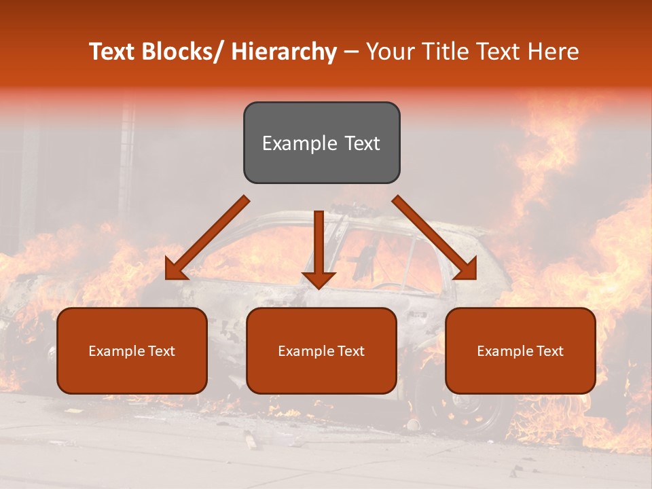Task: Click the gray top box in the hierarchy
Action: pyautogui.click(x=321, y=143)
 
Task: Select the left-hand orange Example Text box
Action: pyautogui.click(x=132, y=350)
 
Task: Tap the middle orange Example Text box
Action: pyautogui.click(x=321, y=350)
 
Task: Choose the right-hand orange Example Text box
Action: pyautogui.click(x=520, y=350)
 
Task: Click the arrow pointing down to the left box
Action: pyautogui.click(x=206, y=238)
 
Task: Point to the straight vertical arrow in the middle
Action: pyautogui.click(x=319, y=244)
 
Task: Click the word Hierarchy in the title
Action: pyautogui.click(x=284, y=52)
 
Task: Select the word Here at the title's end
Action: pyautogui.click(x=551, y=52)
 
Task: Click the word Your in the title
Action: pyautogui.click(x=389, y=52)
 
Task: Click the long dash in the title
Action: pyautogui.click(x=350, y=52)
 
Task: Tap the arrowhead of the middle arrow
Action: pyautogui.click(x=319, y=278)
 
